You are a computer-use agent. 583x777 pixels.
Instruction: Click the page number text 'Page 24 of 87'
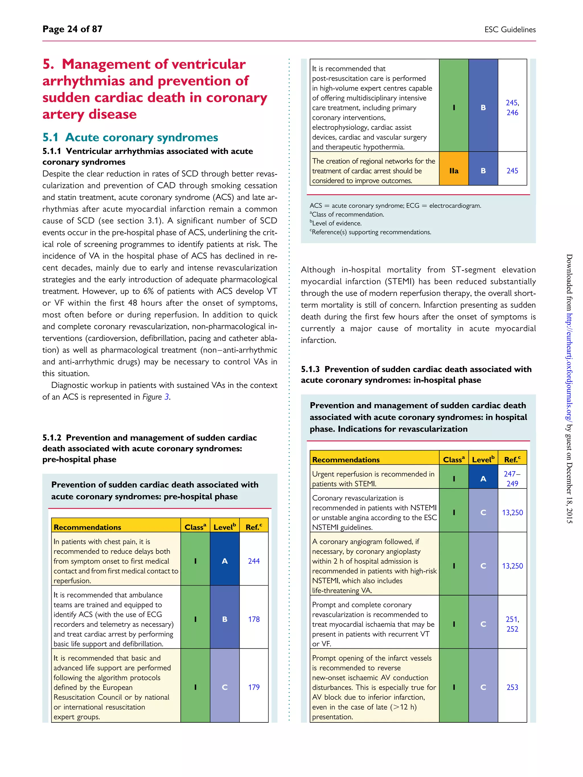72,29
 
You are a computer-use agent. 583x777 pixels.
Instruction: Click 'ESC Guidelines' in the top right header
510,30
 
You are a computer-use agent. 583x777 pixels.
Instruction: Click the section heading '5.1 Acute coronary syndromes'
130,137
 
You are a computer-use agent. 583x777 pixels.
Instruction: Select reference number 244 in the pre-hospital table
254,561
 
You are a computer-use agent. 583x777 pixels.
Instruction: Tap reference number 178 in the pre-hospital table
254,619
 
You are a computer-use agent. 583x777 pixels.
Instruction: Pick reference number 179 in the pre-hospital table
254,687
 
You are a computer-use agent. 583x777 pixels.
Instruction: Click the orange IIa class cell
454,171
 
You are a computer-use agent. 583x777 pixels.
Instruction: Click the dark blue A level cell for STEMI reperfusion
483,479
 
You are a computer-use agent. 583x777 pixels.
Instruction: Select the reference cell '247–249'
512,479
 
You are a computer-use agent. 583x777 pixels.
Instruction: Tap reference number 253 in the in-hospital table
512,687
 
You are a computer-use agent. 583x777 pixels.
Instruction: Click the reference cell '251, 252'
512,624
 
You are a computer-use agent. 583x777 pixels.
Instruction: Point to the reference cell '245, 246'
512,108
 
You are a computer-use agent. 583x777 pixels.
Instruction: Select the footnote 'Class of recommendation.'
348,215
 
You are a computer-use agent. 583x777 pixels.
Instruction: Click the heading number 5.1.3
310,369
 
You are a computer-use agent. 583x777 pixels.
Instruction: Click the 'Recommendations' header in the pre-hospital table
87,527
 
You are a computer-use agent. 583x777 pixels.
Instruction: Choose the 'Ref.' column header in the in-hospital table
512,459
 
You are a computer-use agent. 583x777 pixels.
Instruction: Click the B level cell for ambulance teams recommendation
225,619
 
